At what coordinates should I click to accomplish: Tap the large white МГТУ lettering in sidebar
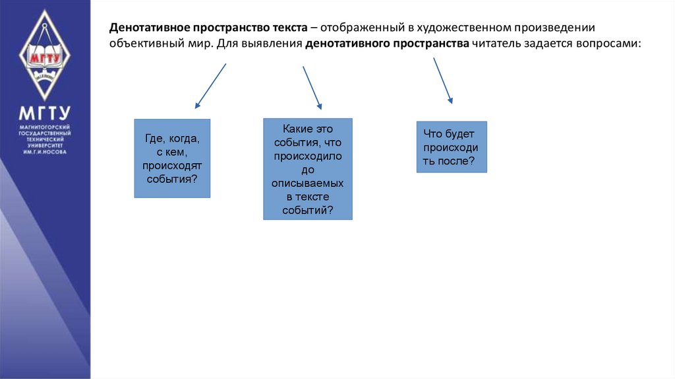point(44,112)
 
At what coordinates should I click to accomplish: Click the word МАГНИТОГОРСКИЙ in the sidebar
point(44,126)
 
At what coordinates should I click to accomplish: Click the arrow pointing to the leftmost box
point(211,85)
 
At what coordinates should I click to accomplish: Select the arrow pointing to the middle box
point(312,87)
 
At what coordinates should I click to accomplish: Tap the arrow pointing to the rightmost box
point(443,80)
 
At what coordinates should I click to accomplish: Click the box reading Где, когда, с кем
point(172,158)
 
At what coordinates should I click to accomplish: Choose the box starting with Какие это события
point(308,169)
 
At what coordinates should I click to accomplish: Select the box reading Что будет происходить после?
point(452,147)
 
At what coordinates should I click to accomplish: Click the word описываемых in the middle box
point(308,183)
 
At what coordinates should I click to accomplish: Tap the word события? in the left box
point(172,179)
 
